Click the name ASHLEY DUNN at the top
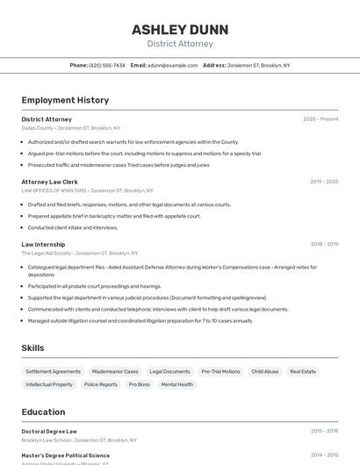(x=179, y=29)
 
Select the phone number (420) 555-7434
(x=107, y=65)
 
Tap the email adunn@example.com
(x=172, y=65)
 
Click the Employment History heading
(x=65, y=100)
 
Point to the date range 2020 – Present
(x=320, y=118)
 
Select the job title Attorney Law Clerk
(x=49, y=182)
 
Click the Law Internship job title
(x=43, y=245)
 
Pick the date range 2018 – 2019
(x=324, y=245)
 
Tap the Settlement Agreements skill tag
(x=53, y=371)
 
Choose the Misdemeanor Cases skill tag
(x=115, y=371)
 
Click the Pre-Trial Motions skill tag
(x=220, y=371)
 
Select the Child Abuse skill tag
(x=264, y=371)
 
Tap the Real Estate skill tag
(x=303, y=371)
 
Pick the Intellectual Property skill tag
(x=49, y=384)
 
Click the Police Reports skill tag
(x=100, y=384)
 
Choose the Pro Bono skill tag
(x=139, y=384)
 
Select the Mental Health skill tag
(x=176, y=384)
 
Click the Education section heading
(x=43, y=411)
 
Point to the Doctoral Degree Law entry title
(x=49, y=431)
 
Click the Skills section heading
(x=32, y=348)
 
